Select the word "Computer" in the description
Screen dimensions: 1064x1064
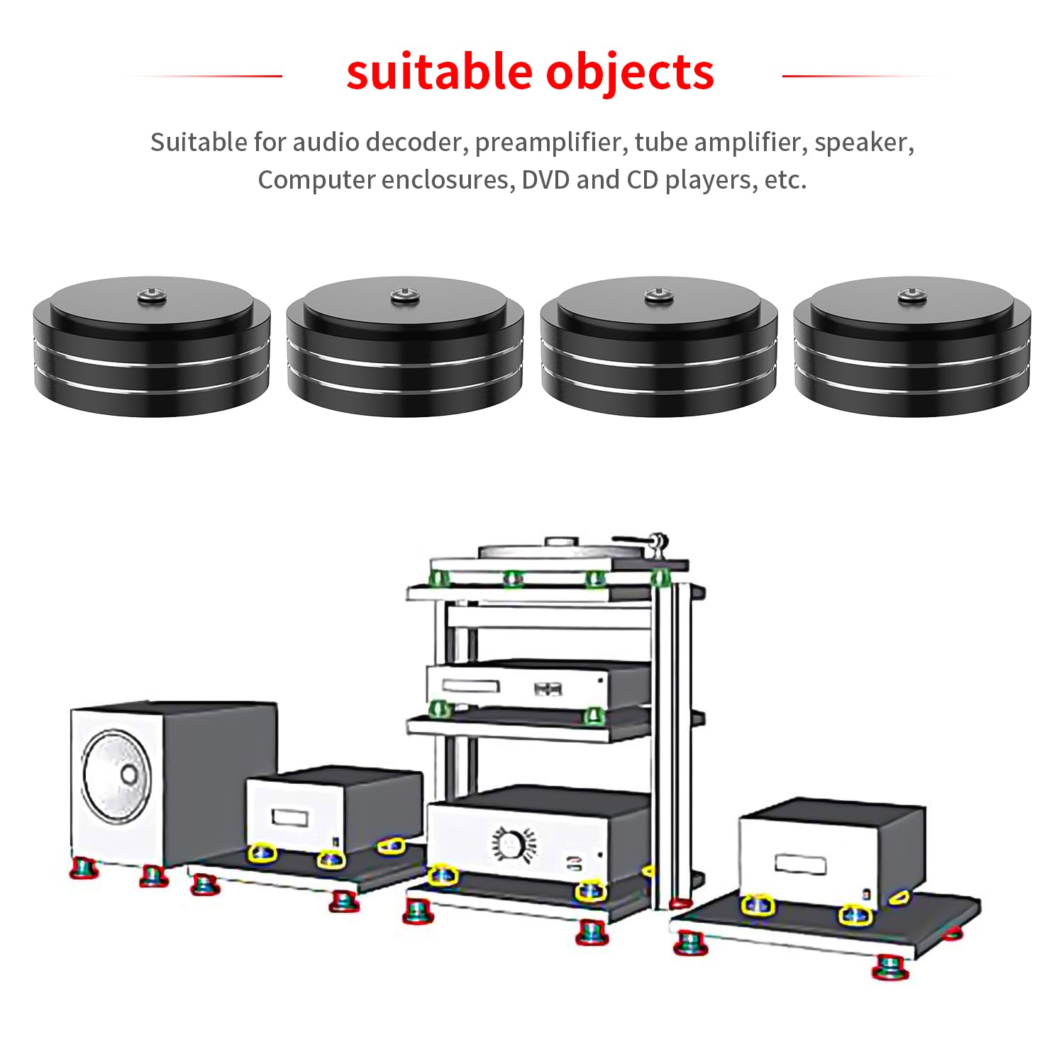tap(317, 180)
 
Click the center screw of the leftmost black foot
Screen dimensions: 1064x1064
tap(152, 293)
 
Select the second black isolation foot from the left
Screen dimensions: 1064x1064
tap(405, 346)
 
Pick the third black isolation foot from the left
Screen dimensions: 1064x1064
tap(658, 346)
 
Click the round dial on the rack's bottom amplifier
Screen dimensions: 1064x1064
tap(509, 844)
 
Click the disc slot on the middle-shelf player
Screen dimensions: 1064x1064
tap(471, 687)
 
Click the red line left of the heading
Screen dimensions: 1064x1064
tap(202, 76)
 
